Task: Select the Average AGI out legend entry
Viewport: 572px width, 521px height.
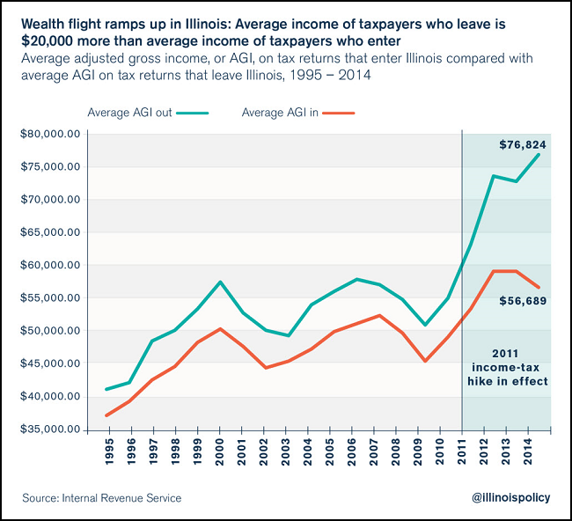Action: point(148,114)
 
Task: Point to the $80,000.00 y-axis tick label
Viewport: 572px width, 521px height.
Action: point(51,134)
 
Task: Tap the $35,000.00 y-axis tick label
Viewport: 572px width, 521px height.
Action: point(51,429)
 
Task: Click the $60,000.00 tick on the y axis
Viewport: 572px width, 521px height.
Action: point(51,265)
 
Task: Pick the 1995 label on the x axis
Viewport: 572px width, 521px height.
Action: point(108,451)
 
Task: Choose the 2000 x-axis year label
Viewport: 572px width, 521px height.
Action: point(220,451)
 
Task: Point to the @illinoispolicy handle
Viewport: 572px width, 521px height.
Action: point(510,498)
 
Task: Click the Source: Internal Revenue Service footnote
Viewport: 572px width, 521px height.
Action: point(102,498)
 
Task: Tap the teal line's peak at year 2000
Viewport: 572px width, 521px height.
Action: point(220,282)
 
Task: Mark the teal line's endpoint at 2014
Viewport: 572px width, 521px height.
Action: point(539,154)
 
